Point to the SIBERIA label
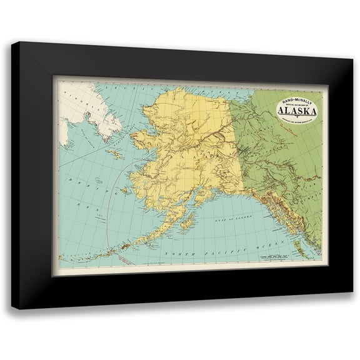pos(78,100)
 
